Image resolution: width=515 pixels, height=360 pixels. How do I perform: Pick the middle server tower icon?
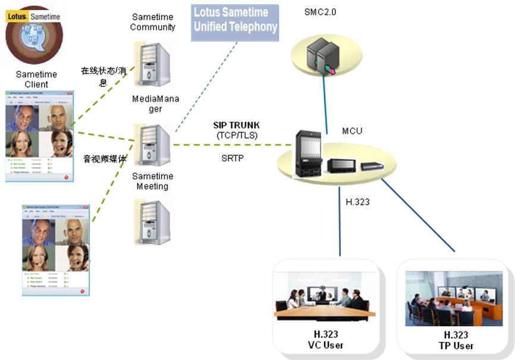tap(153, 145)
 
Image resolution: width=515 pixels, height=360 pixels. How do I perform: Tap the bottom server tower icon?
tap(153, 222)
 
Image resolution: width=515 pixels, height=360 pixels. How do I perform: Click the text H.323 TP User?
tap(454, 340)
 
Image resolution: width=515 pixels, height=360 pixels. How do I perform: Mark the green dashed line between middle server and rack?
tap(232, 145)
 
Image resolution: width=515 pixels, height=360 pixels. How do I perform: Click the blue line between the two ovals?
tap(325, 104)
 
